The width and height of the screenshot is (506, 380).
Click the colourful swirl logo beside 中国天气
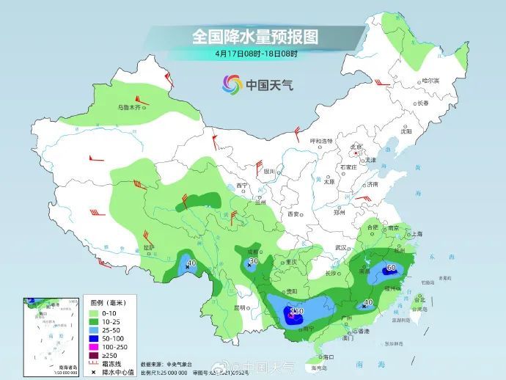tap(232, 84)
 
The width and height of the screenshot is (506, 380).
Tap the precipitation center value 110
tap(296, 312)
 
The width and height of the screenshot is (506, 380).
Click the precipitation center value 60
tap(391, 268)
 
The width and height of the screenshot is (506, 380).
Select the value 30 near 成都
tap(253, 261)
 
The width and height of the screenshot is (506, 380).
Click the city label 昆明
tap(240, 307)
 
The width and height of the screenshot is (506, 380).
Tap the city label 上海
tap(418, 233)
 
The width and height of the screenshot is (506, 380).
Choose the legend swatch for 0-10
tap(95, 313)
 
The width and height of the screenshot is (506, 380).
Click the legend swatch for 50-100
tap(95, 338)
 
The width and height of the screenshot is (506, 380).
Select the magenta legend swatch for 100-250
tap(95, 346)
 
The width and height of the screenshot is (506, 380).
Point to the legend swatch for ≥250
tap(95, 355)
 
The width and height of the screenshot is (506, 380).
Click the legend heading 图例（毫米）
tap(107, 302)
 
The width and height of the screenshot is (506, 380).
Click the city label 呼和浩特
tap(321, 141)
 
